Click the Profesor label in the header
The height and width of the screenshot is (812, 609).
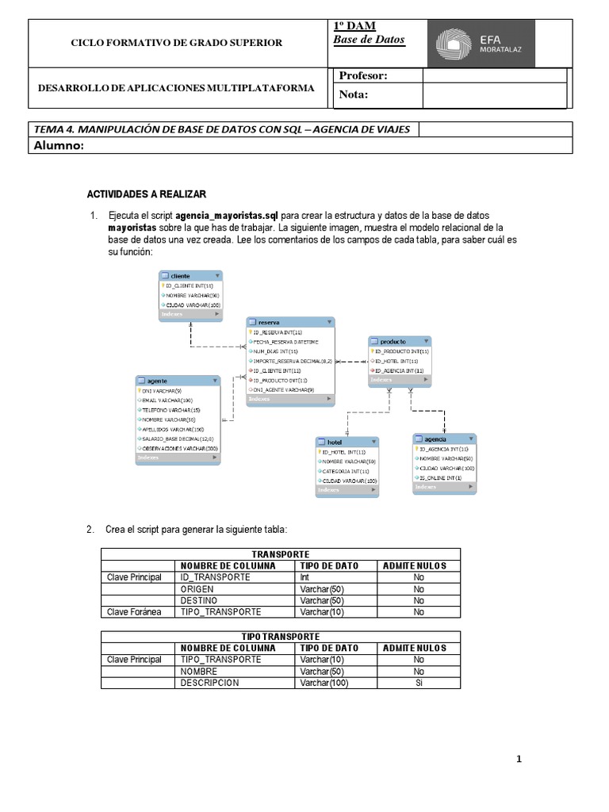(362, 75)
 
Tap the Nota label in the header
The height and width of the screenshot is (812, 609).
(354, 94)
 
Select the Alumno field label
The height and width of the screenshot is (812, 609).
(58, 145)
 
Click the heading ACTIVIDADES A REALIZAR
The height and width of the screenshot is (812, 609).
(145, 194)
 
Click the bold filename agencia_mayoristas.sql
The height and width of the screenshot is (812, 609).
(227, 216)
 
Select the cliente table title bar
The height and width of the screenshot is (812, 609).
(190, 275)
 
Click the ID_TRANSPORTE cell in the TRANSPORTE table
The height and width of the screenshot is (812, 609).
(216, 577)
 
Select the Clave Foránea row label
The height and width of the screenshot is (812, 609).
(134, 612)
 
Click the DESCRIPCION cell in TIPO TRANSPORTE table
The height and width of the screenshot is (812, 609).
(209, 683)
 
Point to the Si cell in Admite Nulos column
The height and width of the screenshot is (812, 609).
(419, 683)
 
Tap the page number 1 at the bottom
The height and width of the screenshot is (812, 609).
(519, 759)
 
